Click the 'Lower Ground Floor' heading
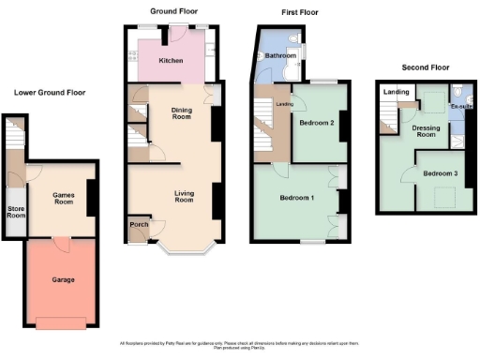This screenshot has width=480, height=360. coord(50,93)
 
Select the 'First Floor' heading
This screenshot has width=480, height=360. coord(300,12)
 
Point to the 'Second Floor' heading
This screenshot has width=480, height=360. coord(426,67)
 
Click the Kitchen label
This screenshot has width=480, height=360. coord(171,61)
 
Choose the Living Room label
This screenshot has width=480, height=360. coord(184,197)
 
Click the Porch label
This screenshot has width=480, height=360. coord(138,226)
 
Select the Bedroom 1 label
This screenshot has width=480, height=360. coord(298,198)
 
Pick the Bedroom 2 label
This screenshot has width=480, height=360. coord(317,123)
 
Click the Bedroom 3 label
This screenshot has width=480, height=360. coord(439,174)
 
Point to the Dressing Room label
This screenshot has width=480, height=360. coord(427,131)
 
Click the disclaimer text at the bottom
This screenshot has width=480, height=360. coord(240,345)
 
